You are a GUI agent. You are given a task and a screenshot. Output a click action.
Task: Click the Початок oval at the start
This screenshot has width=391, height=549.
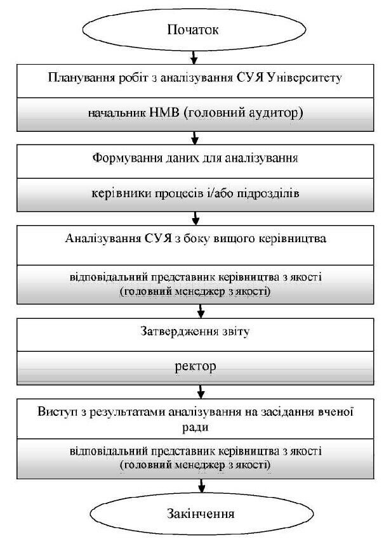(x=193, y=30)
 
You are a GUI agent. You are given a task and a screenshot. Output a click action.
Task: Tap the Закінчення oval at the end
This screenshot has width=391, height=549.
(x=201, y=513)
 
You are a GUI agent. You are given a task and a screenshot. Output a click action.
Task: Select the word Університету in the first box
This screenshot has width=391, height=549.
(x=307, y=79)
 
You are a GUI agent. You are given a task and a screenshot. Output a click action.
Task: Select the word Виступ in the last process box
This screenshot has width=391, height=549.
(x=53, y=412)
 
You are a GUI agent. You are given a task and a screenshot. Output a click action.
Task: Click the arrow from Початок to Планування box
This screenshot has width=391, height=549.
(x=195, y=56)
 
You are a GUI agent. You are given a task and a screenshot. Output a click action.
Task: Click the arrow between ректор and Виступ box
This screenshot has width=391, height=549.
(x=202, y=389)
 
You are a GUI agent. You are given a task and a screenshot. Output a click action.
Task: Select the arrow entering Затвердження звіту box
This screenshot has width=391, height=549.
(x=202, y=310)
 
